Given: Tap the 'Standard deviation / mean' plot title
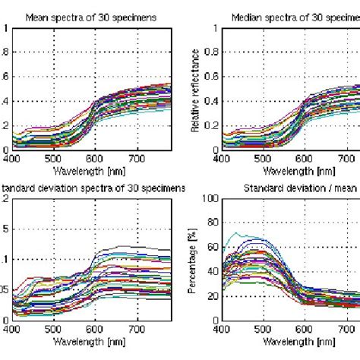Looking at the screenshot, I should tap(301, 188).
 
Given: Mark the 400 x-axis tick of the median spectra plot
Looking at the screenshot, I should tap(221, 159).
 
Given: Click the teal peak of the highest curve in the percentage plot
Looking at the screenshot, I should tap(238, 233).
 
